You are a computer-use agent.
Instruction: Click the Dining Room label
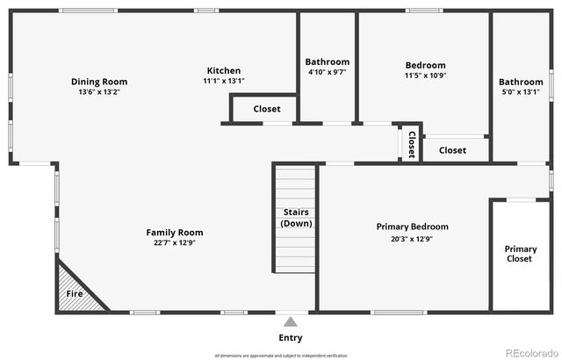pos(105,82)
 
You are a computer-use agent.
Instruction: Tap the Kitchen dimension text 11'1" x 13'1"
pos(223,81)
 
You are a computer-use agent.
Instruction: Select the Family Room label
pos(175,233)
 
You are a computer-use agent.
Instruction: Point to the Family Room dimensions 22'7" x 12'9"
pos(175,243)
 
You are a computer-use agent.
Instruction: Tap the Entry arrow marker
pos(291,321)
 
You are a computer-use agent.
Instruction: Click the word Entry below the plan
pos(291,338)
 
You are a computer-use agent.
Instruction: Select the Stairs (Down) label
pos(296,218)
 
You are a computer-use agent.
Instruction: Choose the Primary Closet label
pos(520,254)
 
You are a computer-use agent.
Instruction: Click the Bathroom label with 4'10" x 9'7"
pos(328,62)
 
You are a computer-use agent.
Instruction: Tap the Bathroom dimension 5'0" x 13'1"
pos(521,92)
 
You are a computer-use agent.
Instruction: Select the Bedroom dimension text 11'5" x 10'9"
pos(425,76)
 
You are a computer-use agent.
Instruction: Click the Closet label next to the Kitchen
pos(267,109)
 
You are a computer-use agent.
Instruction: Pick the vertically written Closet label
pos(411,144)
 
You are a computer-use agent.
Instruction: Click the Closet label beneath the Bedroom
pos(452,150)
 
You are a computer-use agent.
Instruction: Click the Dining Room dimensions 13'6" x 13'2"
pos(105,92)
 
